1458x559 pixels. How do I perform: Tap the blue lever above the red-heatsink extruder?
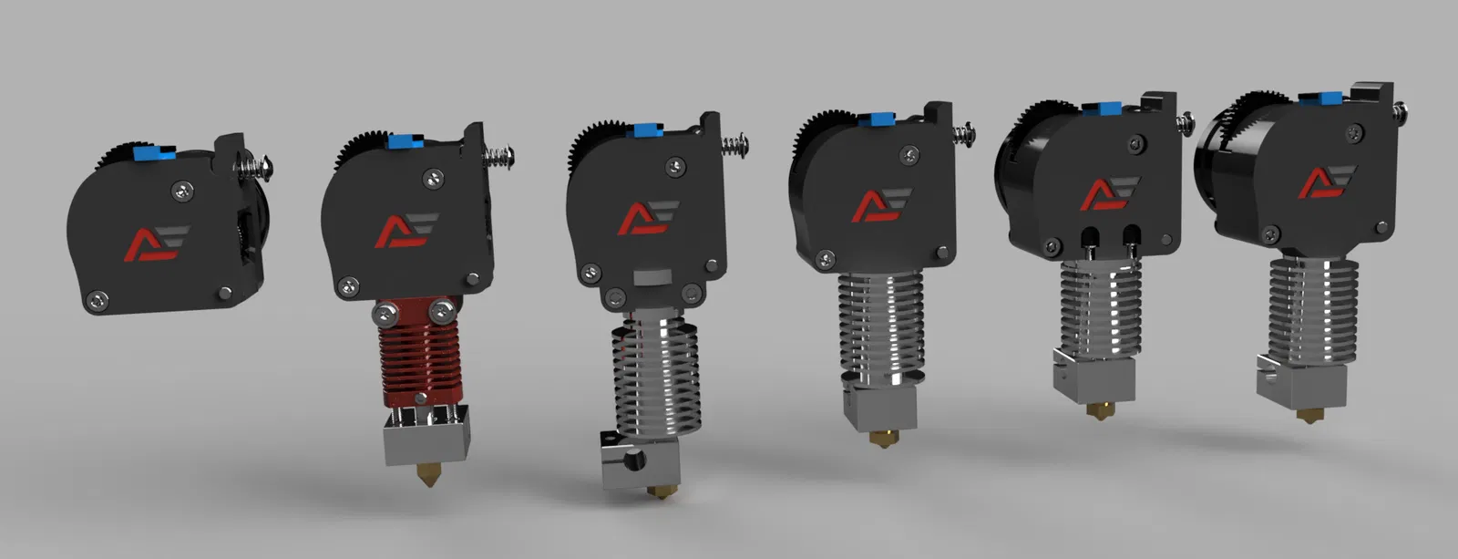point(401,140)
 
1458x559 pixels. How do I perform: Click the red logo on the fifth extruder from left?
point(1105,192)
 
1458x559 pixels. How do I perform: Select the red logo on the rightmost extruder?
point(1319,183)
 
